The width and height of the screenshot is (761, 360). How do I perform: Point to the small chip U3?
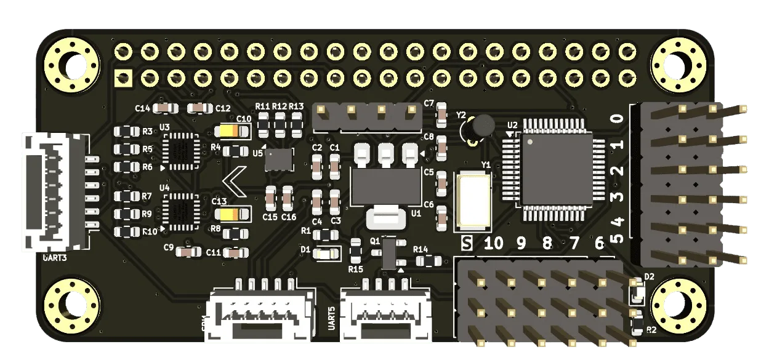tap(180, 151)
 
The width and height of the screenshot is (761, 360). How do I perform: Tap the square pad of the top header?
tap(124, 78)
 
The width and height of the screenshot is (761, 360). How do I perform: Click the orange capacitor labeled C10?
tap(233, 131)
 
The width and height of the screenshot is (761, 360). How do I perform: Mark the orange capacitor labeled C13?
tap(233, 214)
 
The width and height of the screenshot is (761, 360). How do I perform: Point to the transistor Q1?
tap(390, 253)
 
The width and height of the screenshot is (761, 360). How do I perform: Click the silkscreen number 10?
tap(493, 244)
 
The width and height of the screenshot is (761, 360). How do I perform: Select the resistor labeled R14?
tap(424, 261)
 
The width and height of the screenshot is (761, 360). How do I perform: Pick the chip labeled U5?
tap(278, 159)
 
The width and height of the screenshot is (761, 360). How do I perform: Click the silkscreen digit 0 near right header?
tap(618, 118)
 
